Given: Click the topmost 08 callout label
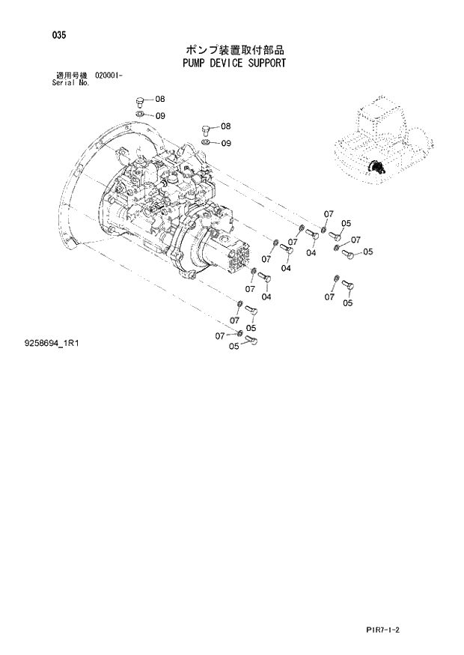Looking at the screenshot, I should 160,99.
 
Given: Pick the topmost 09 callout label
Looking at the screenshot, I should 160,115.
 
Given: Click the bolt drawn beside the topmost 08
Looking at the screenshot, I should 140,100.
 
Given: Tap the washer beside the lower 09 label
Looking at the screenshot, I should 207,142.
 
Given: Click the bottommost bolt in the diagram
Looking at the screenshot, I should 251,341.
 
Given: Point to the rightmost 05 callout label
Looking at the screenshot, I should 367,252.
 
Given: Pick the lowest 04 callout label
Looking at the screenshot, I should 266,296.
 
